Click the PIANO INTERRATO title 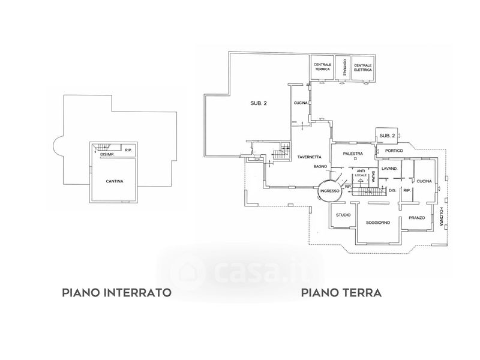[117, 293]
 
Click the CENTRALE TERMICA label [322, 67]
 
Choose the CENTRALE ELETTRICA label [362, 67]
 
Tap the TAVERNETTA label [310, 157]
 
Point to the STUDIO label [343, 215]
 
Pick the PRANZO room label [417, 218]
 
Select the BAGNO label [319, 166]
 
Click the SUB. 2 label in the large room [259, 104]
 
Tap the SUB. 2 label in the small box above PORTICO [388, 136]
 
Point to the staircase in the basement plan [106, 146]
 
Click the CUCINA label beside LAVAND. [425, 181]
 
